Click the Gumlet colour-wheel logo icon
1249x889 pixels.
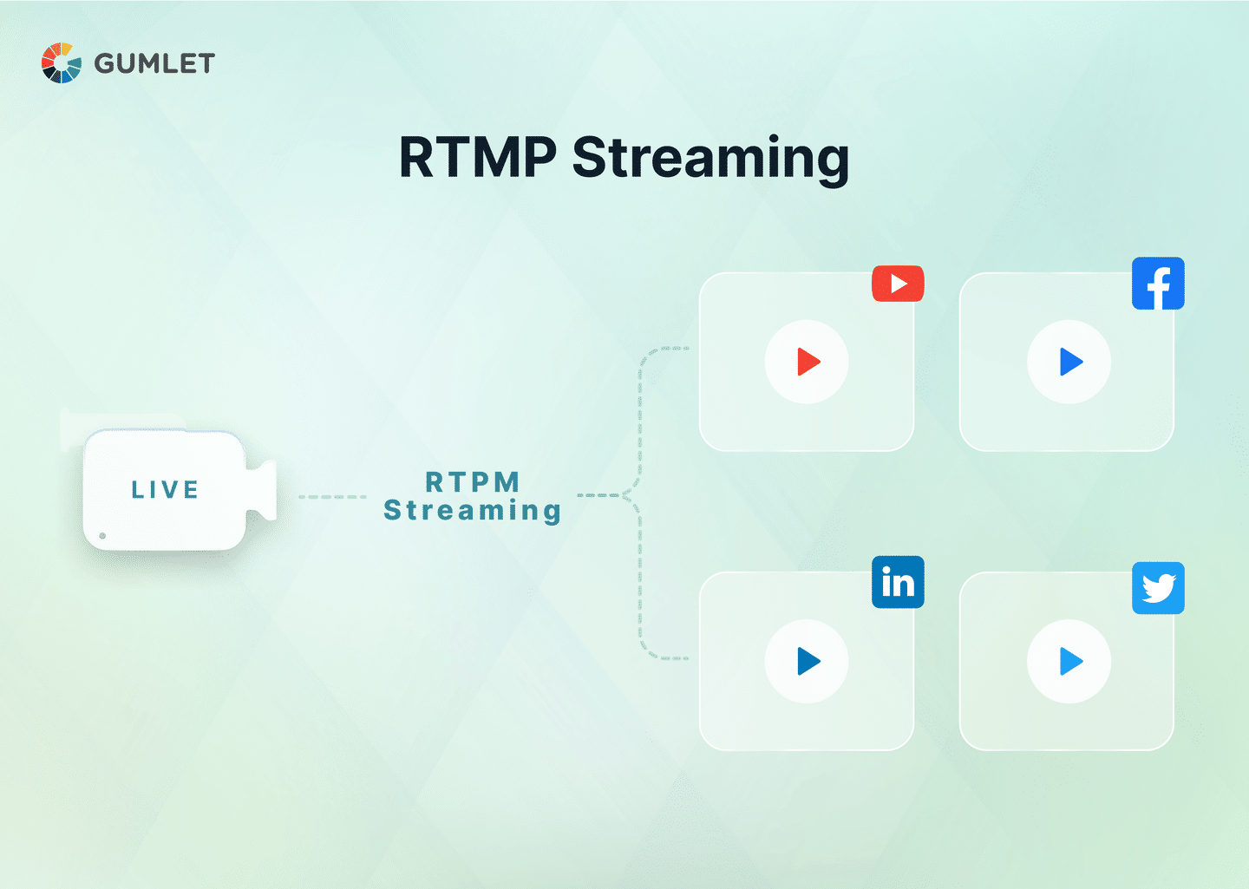[x=62, y=63]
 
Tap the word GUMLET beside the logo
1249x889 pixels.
[x=154, y=63]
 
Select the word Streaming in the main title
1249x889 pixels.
[x=710, y=160]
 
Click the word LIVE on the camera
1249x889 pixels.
[x=165, y=490]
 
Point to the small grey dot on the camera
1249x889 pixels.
[x=102, y=536]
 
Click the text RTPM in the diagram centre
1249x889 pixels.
[x=473, y=481]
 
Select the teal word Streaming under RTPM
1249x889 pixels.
[x=473, y=511]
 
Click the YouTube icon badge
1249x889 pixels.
[x=898, y=284]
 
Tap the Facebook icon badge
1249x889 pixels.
[x=1158, y=284]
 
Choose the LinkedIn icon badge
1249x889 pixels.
[x=898, y=582]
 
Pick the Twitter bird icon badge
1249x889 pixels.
[x=1158, y=588]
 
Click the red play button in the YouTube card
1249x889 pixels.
[x=807, y=362]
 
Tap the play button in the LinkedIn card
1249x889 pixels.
[x=807, y=661]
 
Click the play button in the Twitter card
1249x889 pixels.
[x=1069, y=661]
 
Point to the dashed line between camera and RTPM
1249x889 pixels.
[x=332, y=497]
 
